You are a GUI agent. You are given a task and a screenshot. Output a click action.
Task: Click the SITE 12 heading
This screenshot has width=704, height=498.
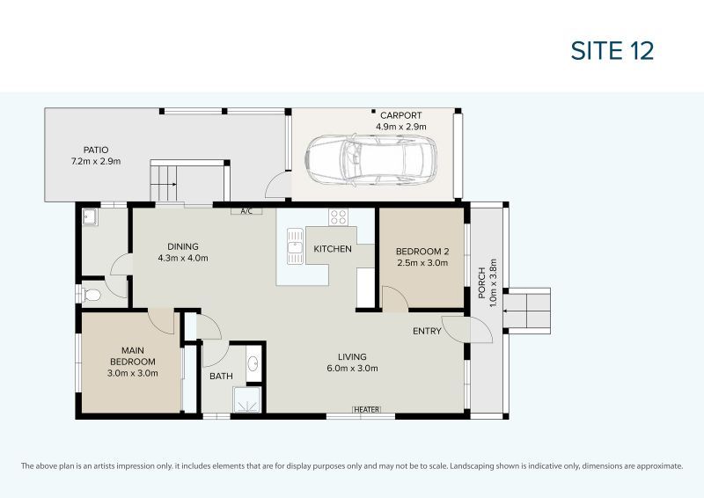[x=612, y=50]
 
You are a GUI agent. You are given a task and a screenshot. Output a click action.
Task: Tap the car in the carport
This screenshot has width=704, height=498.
[x=370, y=160]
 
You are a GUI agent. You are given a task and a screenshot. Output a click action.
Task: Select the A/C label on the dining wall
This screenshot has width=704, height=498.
[x=246, y=211]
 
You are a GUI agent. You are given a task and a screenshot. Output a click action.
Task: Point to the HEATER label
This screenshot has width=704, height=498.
[x=367, y=409]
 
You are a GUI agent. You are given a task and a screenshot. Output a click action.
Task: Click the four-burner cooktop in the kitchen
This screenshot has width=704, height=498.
[x=338, y=217]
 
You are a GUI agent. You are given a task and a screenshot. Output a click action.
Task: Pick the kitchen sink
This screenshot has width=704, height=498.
[x=295, y=246]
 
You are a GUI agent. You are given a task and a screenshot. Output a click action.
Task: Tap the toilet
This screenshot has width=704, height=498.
[x=89, y=295]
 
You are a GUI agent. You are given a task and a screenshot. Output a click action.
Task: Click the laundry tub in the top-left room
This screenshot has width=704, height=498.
[x=90, y=217]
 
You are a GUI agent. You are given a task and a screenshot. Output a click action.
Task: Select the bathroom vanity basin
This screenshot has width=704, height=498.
[x=253, y=363]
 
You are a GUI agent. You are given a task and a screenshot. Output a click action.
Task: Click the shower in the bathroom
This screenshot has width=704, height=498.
[x=246, y=399]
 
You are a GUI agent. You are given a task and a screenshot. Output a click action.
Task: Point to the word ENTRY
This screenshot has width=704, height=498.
[x=427, y=331]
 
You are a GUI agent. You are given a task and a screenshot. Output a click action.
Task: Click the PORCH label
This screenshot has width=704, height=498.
[x=481, y=283]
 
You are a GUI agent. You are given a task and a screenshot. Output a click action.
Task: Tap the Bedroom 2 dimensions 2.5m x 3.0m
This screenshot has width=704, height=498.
[x=422, y=263]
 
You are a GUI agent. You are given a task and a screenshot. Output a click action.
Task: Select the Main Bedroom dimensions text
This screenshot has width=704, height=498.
[x=133, y=373]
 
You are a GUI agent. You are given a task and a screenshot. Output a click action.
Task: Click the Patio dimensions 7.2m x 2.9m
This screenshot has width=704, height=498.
[x=96, y=161]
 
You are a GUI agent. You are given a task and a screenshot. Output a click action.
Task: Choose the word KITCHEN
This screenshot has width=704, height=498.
[x=333, y=249]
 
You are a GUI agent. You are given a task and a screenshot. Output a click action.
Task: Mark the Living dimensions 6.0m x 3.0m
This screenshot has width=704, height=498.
[x=353, y=369]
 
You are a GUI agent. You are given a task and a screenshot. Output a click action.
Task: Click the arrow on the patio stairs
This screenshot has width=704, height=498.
[x=164, y=184]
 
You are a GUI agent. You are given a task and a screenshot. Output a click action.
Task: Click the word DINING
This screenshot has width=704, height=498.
[x=183, y=246]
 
